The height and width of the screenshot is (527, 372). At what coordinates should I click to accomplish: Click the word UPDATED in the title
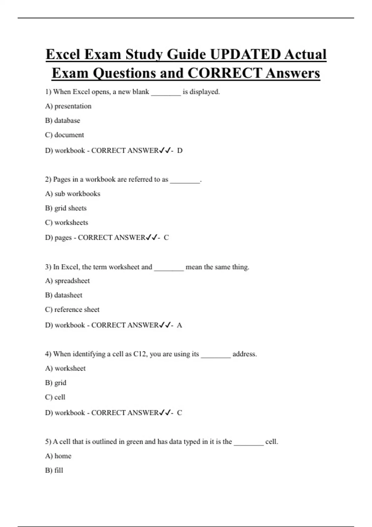[x=245, y=55]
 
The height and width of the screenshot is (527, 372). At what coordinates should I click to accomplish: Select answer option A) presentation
[x=68, y=106]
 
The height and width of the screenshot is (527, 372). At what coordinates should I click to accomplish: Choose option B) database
[x=62, y=120]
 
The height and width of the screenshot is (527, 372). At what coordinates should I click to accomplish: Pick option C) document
[x=64, y=135]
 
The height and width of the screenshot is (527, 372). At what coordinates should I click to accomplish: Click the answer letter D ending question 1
[x=180, y=151]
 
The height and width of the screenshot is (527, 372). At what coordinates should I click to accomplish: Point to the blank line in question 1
[x=166, y=92]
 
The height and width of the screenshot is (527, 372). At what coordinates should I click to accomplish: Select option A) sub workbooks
[x=73, y=194]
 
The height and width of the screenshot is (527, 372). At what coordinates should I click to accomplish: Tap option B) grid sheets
[x=66, y=208]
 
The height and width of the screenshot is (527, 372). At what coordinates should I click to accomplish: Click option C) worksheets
[x=66, y=223]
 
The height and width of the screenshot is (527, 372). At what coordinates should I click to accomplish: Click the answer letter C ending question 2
[x=166, y=238]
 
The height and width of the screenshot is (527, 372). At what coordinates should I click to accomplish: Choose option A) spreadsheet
[x=67, y=281]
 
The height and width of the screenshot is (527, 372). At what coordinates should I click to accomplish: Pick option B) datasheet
[x=64, y=295]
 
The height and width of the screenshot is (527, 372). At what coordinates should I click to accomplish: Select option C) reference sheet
[x=72, y=309]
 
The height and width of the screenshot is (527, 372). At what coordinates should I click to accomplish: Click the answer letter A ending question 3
[x=179, y=325]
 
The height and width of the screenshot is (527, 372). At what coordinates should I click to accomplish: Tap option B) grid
[x=55, y=383]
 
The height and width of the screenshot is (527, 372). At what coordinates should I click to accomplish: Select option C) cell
[x=55, y=397]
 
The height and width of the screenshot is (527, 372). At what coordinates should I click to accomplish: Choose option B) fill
[x=54, y=470]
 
